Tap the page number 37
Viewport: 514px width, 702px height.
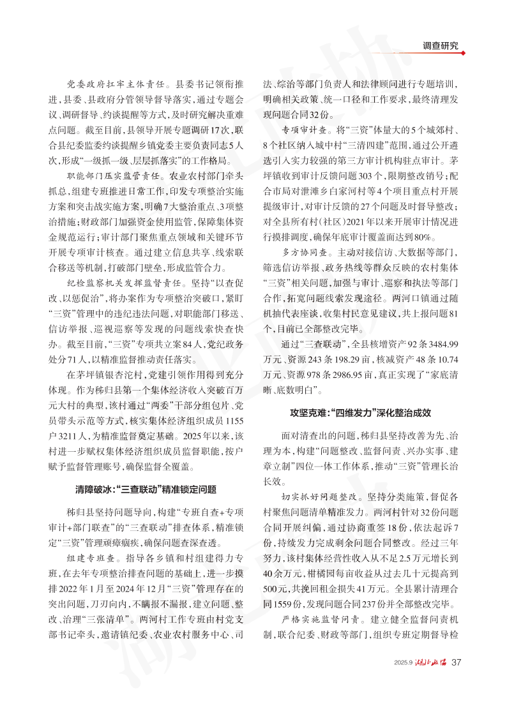(456, 661)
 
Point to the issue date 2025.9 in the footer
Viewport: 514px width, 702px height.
(404, 662)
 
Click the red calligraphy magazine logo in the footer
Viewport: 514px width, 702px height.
(431, 661)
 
